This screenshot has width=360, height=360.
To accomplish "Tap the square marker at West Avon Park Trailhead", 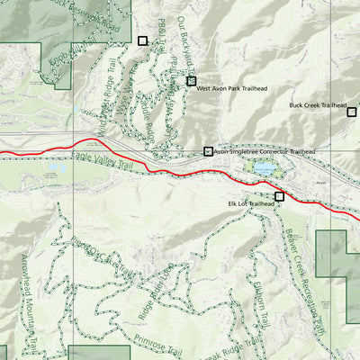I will (x=191, y=81).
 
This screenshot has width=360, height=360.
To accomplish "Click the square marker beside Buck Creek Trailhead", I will (x=352, y=111).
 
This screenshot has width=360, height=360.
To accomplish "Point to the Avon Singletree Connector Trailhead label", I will (x=265, y=152).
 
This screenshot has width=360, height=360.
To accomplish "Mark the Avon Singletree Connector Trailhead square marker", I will (x=209, y=151).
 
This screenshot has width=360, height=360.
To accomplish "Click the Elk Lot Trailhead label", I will (x=249, y=204).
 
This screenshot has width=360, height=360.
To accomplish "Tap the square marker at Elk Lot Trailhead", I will (x=279, y=195).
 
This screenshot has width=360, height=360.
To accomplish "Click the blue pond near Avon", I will (x=264, y=168).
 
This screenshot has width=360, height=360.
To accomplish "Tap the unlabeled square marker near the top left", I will (x=141, y=40).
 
